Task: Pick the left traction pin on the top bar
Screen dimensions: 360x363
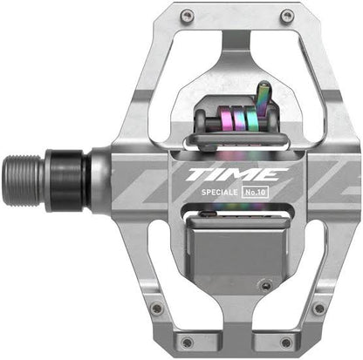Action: click(x=187, y=15)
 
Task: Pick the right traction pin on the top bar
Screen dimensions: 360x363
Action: click(x=285, y=15)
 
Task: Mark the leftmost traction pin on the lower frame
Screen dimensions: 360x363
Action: click(x=154, y=308)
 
